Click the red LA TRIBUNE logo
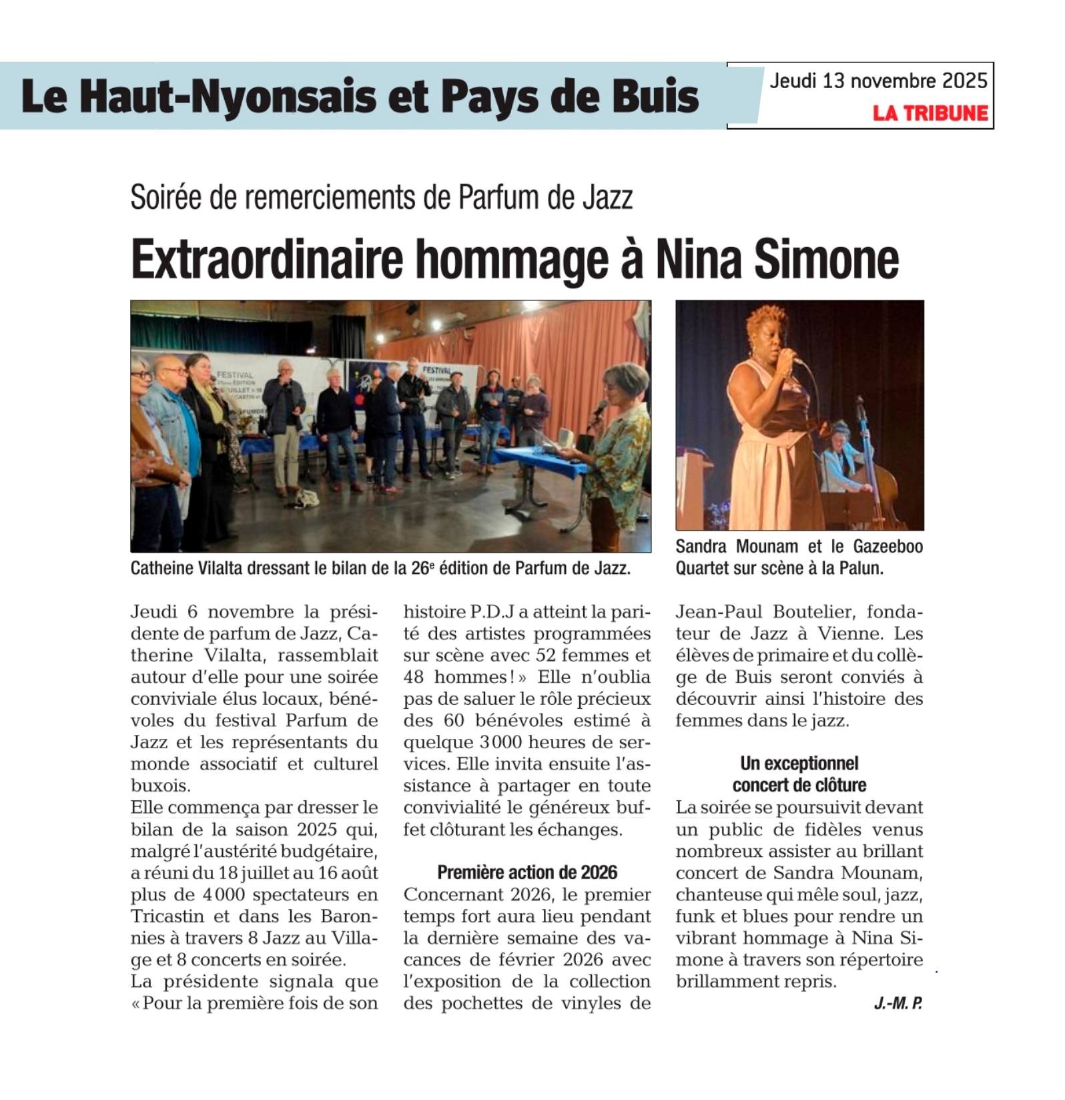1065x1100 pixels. [x=930, y=113]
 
